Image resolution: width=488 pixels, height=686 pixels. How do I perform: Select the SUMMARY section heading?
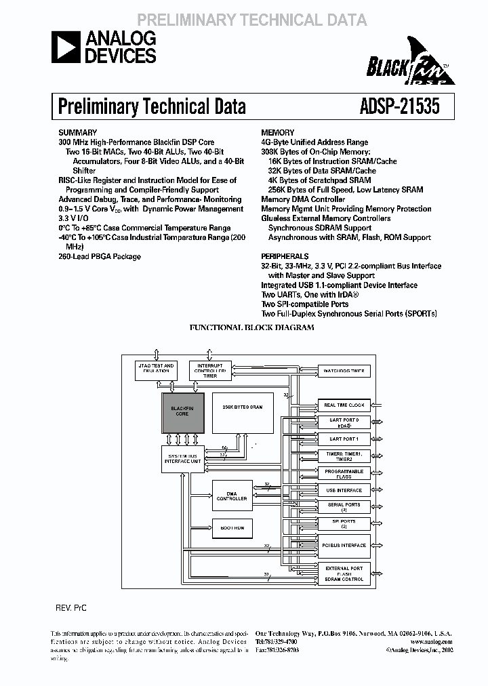(78, 133)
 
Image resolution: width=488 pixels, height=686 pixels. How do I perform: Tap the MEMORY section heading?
(278, 133)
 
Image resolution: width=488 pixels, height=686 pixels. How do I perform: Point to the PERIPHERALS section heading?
(285, 256)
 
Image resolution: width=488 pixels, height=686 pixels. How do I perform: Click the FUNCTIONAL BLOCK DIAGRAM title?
(251, 327)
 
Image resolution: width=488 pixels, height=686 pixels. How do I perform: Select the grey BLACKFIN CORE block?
(182, 412)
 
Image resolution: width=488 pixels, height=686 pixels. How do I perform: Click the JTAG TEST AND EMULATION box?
(156, 369)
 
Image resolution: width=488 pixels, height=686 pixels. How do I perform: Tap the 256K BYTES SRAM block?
(242, 412)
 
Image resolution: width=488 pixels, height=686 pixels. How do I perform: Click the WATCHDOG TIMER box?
(344, 371)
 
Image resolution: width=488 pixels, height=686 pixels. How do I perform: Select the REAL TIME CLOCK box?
(344, 405)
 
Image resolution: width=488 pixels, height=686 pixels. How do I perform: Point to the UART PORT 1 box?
(344, 439)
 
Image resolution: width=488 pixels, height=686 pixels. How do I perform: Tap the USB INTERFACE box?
(344, 490)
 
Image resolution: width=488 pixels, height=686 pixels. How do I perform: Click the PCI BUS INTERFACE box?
(344, 545)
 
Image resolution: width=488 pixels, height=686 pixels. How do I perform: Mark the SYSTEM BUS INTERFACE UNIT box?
(182, 458)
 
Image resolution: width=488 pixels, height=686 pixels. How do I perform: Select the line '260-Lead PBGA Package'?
(100, 257)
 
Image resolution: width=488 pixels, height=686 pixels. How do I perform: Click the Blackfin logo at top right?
(409, 67)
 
